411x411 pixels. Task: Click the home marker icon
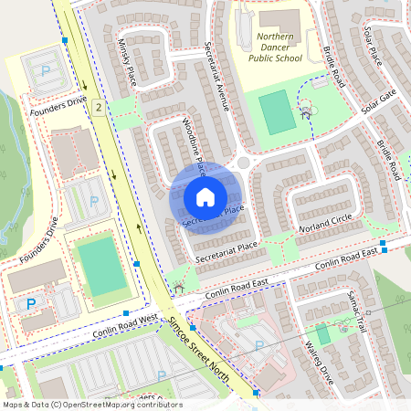coord(205,196)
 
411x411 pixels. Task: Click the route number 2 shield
coord(97,108)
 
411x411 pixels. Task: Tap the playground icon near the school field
coord(306,111)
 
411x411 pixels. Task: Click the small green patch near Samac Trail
coord(322,334)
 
